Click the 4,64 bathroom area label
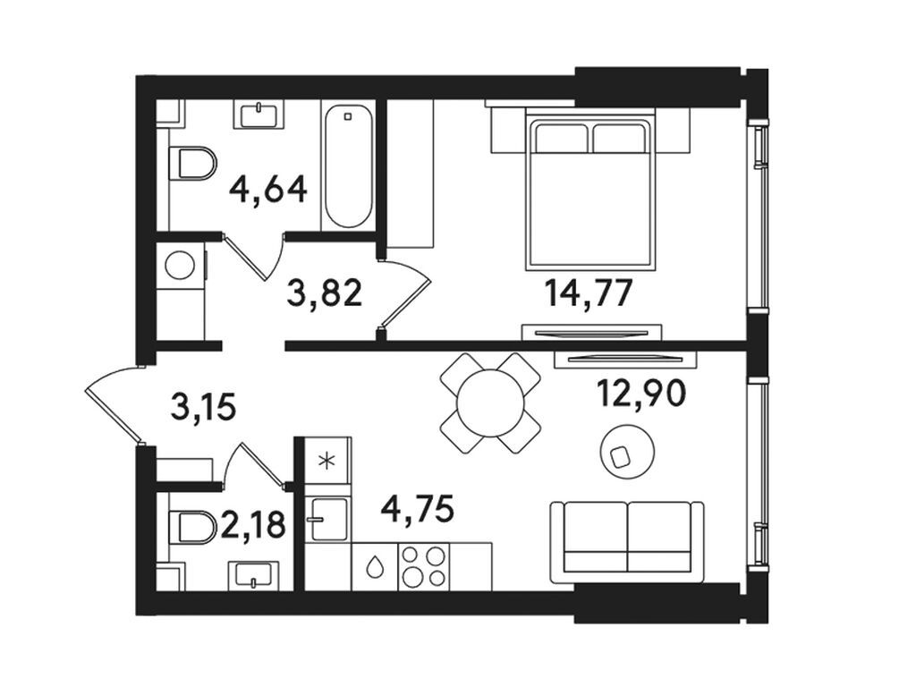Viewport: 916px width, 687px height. click(268, 190)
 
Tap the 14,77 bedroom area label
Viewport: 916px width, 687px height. click(589, 293)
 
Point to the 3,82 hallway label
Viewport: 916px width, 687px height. click(325, 293)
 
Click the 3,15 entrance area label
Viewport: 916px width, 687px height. click(203, 407)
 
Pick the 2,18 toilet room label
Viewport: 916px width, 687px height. click(253, 523)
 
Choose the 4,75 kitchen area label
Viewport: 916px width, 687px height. click(417, 508)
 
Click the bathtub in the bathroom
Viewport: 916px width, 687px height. click(348, 165)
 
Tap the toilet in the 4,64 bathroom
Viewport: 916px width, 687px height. click(192, 163)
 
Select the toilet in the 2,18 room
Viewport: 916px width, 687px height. click(192, 528)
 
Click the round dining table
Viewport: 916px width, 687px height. click(490, 403)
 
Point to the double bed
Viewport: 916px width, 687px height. click(589, 190)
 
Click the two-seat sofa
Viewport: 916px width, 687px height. click(627, 541)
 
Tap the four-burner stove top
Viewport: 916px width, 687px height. click(423, 566)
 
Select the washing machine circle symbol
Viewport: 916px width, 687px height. click(180, 266)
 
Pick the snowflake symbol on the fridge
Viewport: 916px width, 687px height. click(327, 461)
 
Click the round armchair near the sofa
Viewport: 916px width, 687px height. click(627, 452)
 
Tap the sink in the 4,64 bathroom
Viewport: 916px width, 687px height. click(259, 114)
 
